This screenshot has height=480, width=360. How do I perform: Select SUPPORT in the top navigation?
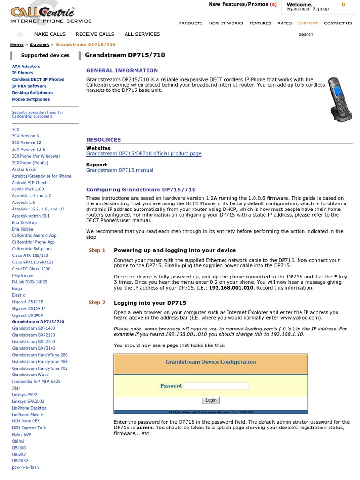[x=307, y=23]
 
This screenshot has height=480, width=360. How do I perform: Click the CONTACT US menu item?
[x=337, y=23]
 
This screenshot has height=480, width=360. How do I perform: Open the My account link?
[x=298, y=9]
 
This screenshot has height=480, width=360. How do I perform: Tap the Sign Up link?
[x=321, y=9]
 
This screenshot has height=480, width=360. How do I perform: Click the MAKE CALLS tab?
[x=50, y=34]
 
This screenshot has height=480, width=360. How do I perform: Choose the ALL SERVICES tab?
[x=142, y=34]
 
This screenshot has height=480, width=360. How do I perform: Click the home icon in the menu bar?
[x=20, y=34]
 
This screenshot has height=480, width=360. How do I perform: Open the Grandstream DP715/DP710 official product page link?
[x=143, y=154]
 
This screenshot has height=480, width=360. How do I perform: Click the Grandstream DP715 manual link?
[x=120, y=170]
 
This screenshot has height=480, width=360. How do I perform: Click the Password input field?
[x=216, y=386]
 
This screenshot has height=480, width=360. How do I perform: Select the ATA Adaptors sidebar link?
[x=26, y=67]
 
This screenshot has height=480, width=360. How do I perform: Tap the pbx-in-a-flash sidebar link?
[x=25, y=467]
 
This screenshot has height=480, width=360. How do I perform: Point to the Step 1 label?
[x=97, y=250]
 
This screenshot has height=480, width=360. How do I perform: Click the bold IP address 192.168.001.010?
[x=231, y=288]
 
